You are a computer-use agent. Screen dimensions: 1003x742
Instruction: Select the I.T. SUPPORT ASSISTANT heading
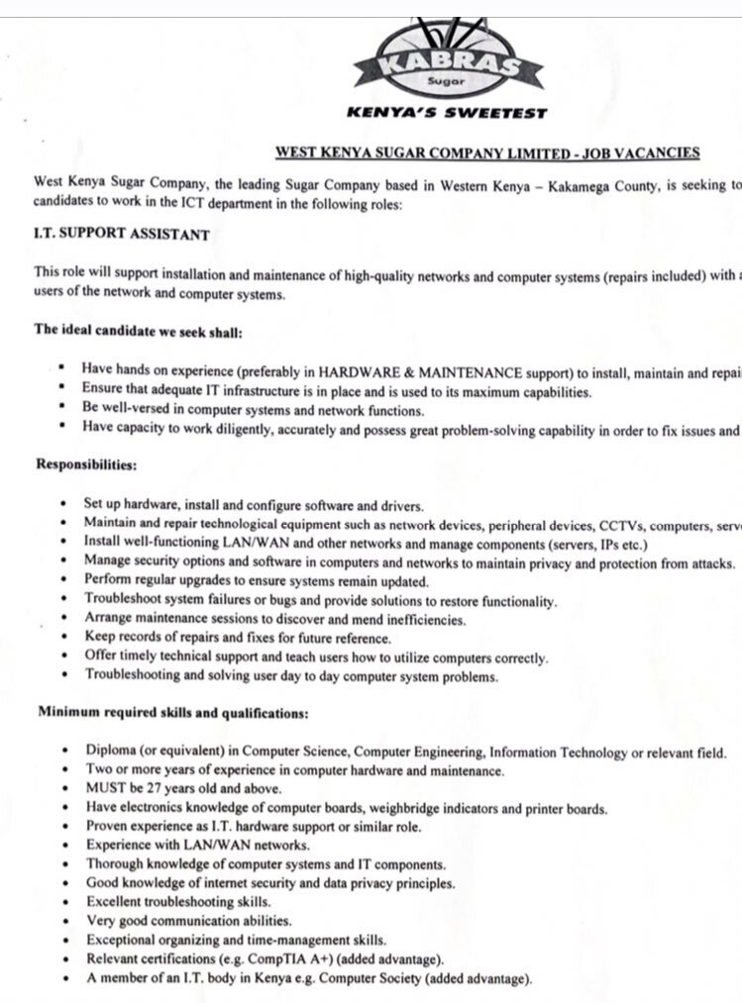121,235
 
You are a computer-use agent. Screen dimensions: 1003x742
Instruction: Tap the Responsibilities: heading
87,463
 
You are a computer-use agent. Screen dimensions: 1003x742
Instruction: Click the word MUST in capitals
106,789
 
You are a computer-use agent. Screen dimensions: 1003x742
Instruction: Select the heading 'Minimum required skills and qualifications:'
173,712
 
